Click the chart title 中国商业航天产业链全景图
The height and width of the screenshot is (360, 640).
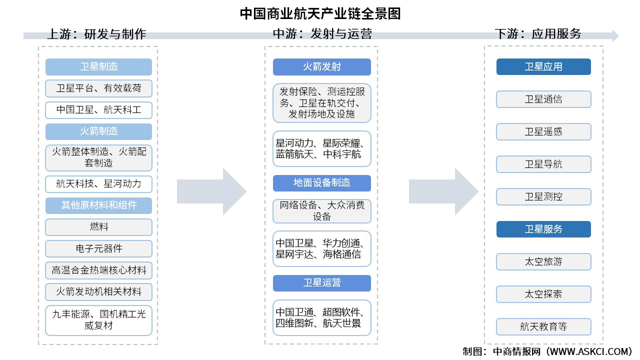320,13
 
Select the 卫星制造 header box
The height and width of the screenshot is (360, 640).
98,67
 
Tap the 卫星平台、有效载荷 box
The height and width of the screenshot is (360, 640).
98,88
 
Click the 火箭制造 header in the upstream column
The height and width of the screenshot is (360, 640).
98,131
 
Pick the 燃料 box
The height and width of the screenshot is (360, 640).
98,227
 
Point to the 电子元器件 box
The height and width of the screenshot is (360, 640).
98,248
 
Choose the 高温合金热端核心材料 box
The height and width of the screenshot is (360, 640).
98,270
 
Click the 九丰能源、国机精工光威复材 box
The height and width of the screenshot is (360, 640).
98,320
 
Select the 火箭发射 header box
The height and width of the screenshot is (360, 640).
321,67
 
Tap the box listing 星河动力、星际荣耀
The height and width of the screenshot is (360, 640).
321,148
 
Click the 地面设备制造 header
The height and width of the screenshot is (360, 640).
321,183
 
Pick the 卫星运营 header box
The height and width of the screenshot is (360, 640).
321,283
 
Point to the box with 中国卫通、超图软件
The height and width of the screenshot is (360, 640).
321,317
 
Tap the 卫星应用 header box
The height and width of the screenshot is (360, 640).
543,67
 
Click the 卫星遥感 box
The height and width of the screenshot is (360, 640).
543,131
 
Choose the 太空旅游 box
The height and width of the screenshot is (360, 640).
543,261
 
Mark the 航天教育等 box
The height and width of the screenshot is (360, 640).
543,326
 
